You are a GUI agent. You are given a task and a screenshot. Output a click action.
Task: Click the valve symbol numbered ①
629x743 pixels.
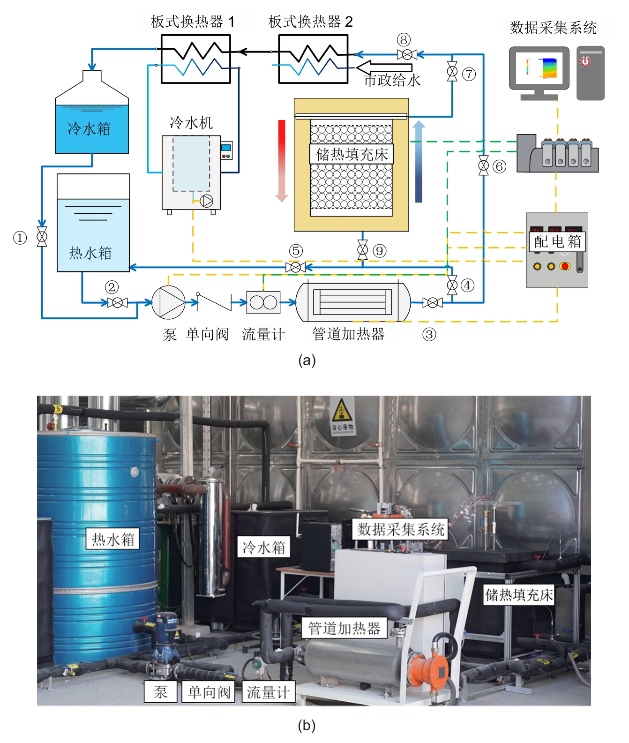coord(42,237)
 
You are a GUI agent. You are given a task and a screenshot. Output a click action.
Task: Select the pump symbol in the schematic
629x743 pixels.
coord(168,302)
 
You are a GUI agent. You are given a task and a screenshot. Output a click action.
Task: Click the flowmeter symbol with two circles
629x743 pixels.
coord(263,302)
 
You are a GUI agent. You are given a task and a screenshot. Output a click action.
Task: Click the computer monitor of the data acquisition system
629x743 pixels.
coord(539,68)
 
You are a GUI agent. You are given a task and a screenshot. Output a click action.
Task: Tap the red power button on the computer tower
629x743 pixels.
coord(585,61)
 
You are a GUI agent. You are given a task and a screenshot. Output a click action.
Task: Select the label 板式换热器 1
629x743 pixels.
coord(193,22)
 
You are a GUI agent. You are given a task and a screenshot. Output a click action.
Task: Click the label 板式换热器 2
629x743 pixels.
coord(310,22)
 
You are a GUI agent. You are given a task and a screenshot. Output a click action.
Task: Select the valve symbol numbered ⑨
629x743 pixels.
coord(362,250)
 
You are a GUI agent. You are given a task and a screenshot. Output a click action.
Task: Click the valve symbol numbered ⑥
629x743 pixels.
coord(483,165)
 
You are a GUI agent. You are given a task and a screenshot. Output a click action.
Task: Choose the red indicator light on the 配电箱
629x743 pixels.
coord(565,266)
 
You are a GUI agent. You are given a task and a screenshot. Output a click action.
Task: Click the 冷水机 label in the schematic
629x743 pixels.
coord(191,123)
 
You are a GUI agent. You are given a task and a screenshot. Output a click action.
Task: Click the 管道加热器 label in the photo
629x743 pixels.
coord(344,628)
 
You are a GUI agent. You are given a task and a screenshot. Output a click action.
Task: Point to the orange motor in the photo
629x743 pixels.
coord(428,668)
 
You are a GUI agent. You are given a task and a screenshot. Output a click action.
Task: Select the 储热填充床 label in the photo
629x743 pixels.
coord(519,595)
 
